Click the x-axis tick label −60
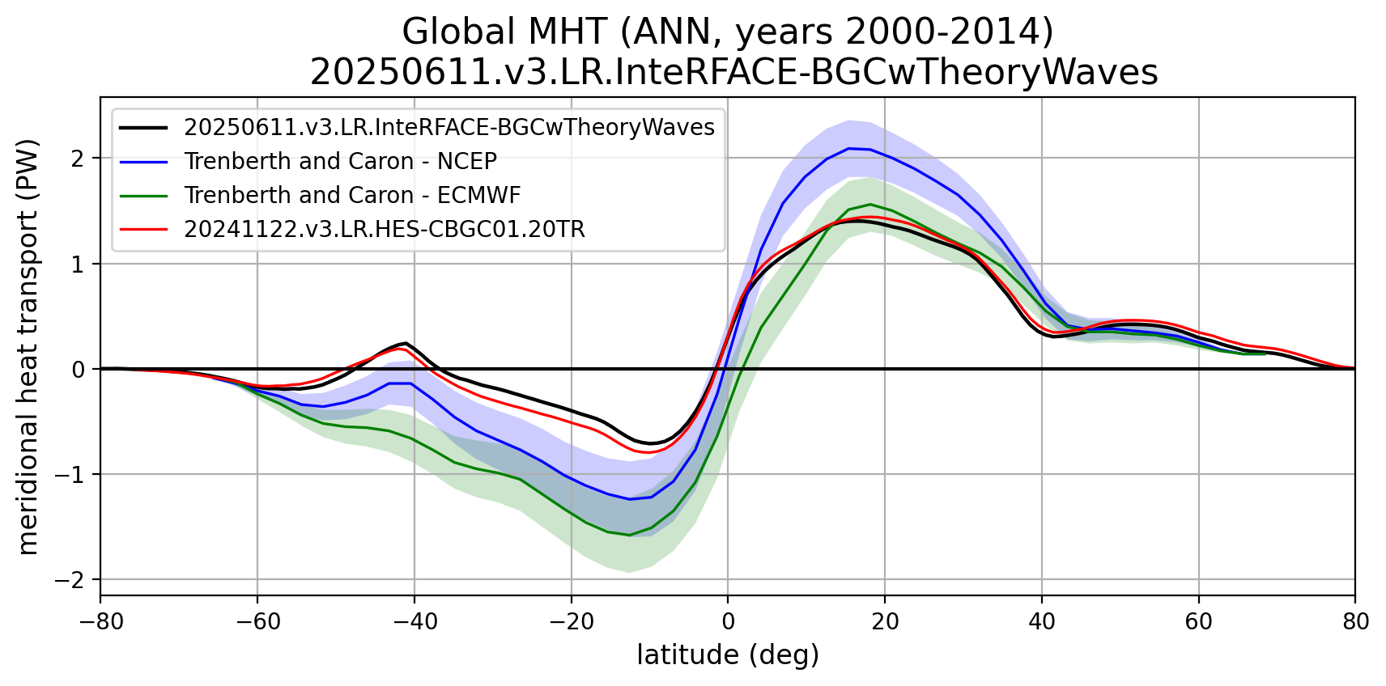(x=257, y=621)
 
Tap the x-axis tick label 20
(x=884, y=621)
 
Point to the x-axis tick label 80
(x=1354, y=621)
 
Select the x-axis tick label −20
(x=571, y=621)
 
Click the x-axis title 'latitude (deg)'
(x=728, y=654)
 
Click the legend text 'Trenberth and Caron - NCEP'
(x=340, y=161)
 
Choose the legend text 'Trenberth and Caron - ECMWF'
(x=352, y=195)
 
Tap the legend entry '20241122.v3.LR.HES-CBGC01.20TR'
(x=384, y=229)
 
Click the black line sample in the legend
(x=143, y=127)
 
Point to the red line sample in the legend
(x=143, y=229)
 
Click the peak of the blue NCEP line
(x=848, y=148)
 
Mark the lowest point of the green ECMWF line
(x=630, y=535)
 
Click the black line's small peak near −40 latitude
(x=406, y=343)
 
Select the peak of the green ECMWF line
(x=870, y=204)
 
